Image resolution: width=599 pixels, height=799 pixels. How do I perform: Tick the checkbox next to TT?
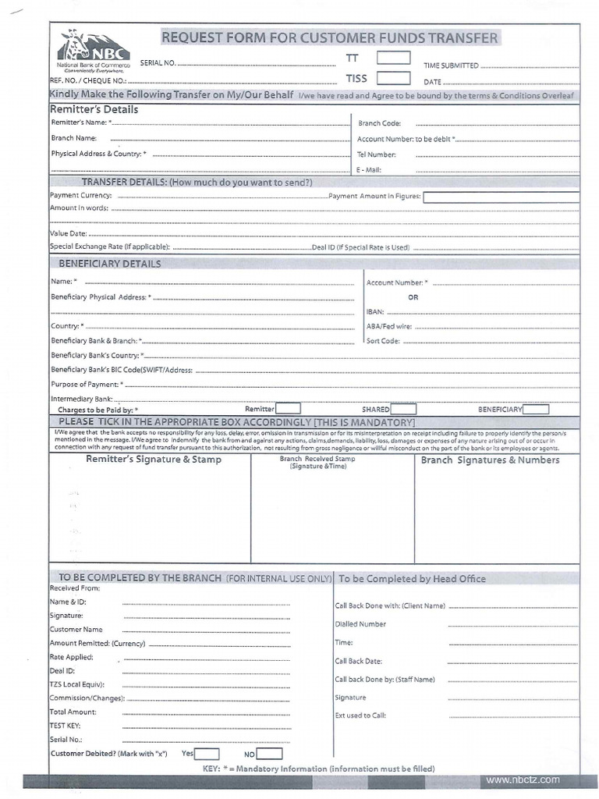pyautogui.click(x=393, y=57)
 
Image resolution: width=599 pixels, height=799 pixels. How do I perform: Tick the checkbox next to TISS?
pyautogui.click(x=393, y=77)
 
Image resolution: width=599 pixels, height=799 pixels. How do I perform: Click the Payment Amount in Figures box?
pyautogui.click(x=501, y=197)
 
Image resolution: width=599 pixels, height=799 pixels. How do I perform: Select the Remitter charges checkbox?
pyautogui.click(x=288, y=408)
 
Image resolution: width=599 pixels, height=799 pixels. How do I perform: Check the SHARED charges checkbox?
pyautogui.click(x=402, y=408)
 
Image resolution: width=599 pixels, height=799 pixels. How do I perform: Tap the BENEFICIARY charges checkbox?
pyautogui.click(x=536, y=408)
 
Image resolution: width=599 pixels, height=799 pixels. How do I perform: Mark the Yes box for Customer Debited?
pyautogui.click(x=207, y=754)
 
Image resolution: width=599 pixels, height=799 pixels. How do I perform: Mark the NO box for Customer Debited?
pyautogui.click(x=269, y=754)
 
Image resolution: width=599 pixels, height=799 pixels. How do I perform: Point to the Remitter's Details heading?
pyautogui.click(x=94, y=109)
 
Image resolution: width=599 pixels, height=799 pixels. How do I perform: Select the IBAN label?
pyautogui.click(x=375, y=311)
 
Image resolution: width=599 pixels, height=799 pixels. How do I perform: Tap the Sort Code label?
pyautogui.click(x=383, y=341)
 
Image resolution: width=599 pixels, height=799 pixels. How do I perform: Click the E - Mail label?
pyautogui.click(x=369, y=169)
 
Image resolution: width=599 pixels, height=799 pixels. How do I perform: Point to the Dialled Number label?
pyautogui.click(x=360, y=623)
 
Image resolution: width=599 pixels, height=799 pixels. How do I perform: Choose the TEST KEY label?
pyautogui.click(x=66, y=725)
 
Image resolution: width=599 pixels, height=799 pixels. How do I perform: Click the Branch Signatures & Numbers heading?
pyautogui.click(x=490, y=460)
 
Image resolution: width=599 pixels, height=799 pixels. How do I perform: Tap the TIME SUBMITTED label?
pyautogui.click(x=451, y=66)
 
